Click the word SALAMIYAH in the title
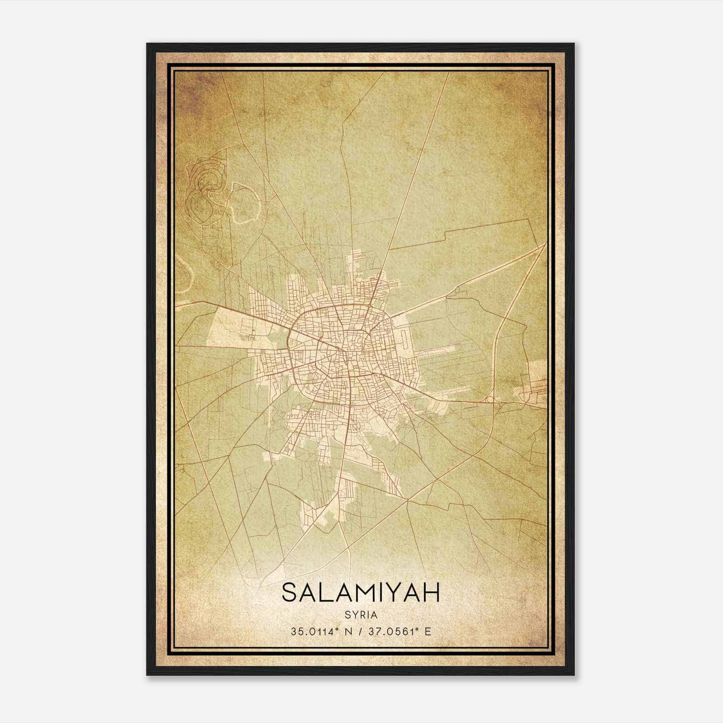pyautogui.click(x=361, y=592)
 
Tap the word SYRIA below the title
pyautogui.click(x=361, y=615)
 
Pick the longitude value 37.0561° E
pyautogui.click(x=399, y=631)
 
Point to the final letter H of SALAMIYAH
pyautogui.click(x=431, y=592)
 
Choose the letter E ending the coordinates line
pyautogui.click(x=427, y=631)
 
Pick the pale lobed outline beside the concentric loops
pyautogui.click(x=244, y=203)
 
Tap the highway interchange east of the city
pyautogui.click(x=493, y=400)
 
